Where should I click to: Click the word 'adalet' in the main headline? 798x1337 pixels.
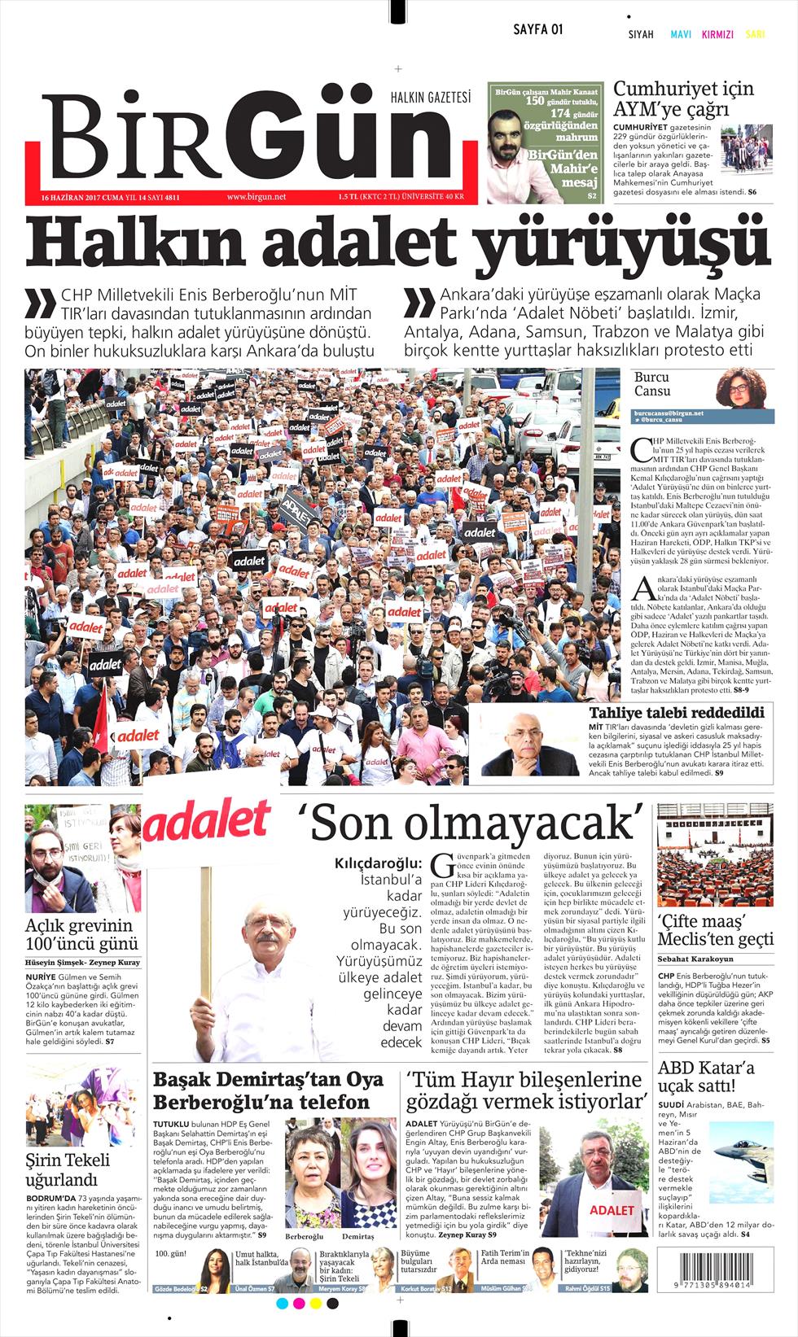(x=368, y=241)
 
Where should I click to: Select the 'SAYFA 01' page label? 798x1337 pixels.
(x=538, y=29)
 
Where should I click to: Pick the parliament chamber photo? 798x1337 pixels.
(x=715, y=854)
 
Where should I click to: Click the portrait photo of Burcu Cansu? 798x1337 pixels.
(x=743, y=388)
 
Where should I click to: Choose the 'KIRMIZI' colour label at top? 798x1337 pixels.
(x=717, y=35)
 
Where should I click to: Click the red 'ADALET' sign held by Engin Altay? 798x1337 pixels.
(x=612, y=1209)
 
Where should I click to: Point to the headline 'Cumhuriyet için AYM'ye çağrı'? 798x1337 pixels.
(x=683, y=98)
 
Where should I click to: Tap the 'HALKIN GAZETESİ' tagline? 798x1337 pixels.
(x=431, y=98)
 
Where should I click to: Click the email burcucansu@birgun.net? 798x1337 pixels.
(x=669, y=413)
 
